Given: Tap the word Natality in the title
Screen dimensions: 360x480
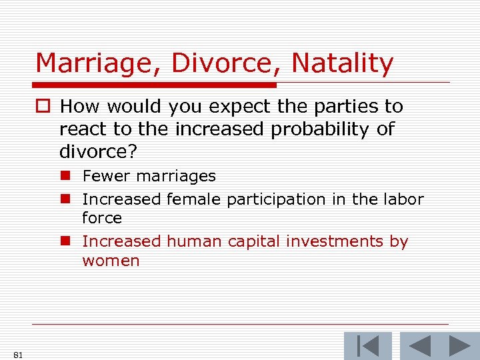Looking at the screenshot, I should pyautogui.click(x=343, y=64).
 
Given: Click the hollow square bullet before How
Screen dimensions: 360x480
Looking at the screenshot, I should pyautogui.click(x=45, y=107).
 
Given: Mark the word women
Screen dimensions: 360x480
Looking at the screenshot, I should pyautogui.click(x=111, y=261).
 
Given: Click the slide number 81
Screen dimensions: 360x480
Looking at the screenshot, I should pyautogui.click(x=17, y=355).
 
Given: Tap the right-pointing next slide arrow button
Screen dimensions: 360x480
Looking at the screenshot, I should pyautogui.click(x=459, y=347).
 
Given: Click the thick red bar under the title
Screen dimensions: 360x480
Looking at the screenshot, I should pyautogui.click(x=155, y=85).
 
